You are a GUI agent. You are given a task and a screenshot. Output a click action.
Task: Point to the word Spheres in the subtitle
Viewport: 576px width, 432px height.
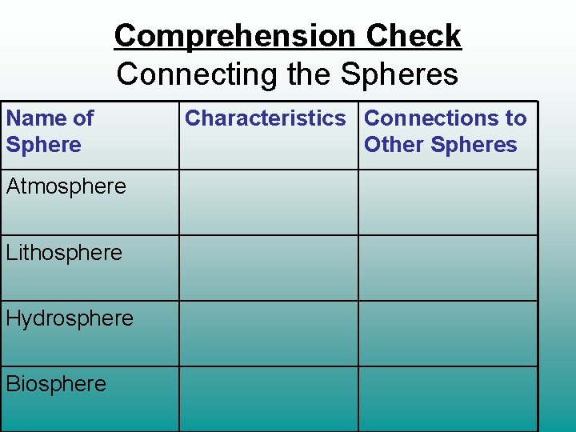coord(399,74)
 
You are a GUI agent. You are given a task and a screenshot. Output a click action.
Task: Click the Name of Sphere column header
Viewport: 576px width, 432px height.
coord(50,131)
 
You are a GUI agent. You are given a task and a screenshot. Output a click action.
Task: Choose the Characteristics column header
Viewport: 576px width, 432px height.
coord(266,118)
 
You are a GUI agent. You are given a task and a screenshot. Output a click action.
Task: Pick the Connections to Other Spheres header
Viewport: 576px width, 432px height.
coord(446,131)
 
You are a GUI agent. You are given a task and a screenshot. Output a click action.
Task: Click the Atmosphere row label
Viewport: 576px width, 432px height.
coord(66,186)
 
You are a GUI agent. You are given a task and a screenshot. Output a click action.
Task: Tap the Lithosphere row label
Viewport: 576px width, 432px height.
coord(64,253)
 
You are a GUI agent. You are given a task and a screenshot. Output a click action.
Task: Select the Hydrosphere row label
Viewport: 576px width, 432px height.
coord(70,318)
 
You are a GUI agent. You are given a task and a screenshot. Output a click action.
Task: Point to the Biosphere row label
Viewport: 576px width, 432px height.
coord(56,384)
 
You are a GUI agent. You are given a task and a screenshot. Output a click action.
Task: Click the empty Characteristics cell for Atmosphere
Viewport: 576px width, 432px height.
coord(268,202)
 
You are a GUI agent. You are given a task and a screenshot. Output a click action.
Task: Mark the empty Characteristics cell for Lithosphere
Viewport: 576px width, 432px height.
coord(268,268)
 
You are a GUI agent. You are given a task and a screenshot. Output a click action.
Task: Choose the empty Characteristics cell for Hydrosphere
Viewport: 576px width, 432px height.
coord(268,334)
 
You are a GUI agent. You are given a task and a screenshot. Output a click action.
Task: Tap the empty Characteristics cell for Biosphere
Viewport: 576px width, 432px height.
coord(268,398)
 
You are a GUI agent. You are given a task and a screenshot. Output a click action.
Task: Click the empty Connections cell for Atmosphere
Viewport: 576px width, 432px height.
coord(447,202)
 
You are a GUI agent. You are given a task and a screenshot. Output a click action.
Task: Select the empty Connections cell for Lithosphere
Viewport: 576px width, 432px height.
coord(447,268)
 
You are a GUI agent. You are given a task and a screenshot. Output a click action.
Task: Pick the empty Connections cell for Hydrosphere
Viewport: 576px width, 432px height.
coord(447,334)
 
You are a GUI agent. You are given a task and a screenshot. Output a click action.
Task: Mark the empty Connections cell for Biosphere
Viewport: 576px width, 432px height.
coord(447,398)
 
